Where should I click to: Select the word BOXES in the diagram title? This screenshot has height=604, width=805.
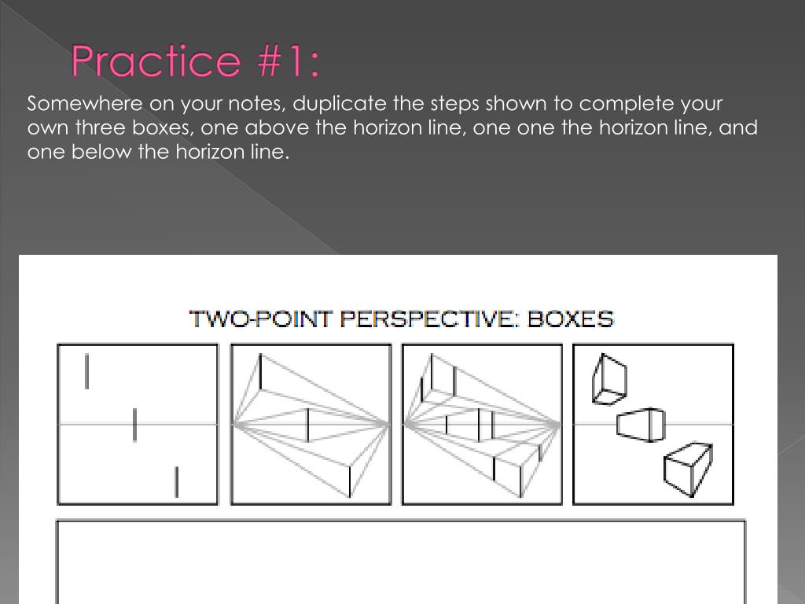pyautogui.click(x=571, y=319)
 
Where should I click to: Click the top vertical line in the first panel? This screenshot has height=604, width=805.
pyautogui.click(x=86, y=371)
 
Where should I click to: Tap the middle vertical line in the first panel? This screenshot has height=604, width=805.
pyautogui.click(x=134, y=425)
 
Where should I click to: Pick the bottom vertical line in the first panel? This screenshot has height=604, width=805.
pyautogui.click(x=177, y=482)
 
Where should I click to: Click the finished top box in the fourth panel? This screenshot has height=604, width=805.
pyautogui.click(x=609, y=379)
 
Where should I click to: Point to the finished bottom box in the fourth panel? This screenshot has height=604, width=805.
pyautogui.click(x=688, y=469)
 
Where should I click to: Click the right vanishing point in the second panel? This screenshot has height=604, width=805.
pyautogui.click(x=387, y=424)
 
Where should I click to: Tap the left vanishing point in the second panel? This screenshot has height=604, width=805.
pyautogui.click(x=234, y=425)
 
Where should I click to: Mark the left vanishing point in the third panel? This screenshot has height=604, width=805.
pyautogui.click(x=406, y=425)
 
